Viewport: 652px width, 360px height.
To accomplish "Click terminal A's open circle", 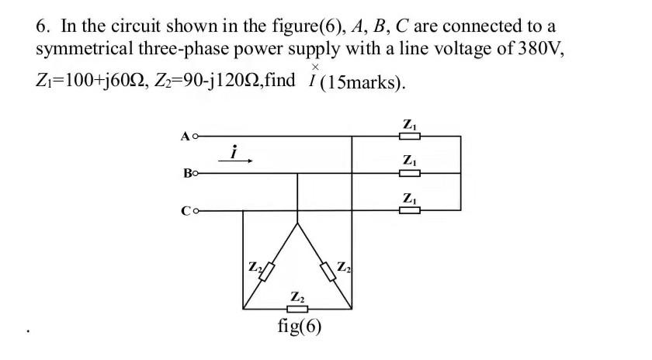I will (x=196, y=137).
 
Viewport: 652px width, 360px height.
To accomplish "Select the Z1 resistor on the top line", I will (x=409, y=137).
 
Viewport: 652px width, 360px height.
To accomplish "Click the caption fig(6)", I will (x=299, y=326).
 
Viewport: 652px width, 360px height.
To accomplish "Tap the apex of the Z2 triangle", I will (x=297, y=225).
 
